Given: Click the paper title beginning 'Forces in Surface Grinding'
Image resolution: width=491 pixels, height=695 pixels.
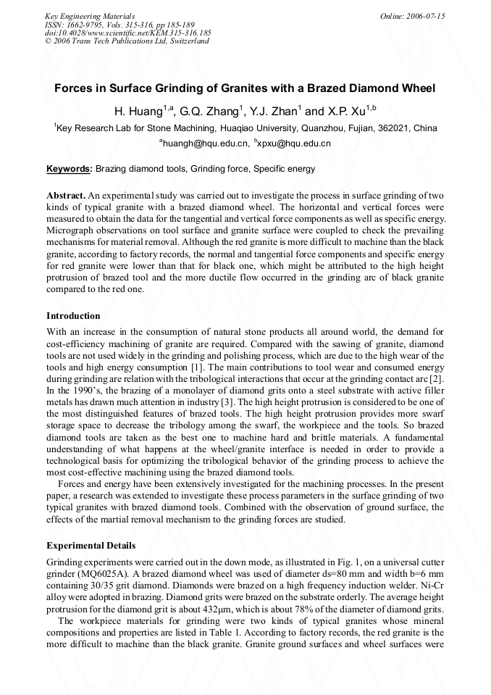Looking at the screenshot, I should pyautogui.click(x=245, y=89).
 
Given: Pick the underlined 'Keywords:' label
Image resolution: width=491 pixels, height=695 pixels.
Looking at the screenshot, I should pyautogui.click(x=70, y=170).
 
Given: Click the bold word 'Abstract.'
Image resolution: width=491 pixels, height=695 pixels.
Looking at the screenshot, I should pyautogui.click(x=67, y=196).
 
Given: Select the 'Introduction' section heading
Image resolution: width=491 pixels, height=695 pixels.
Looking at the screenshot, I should pyautogui.click(x=73, y=316).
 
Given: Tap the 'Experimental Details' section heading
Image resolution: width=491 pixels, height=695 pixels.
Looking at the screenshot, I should pyautogui.click(x=91, y=545).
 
